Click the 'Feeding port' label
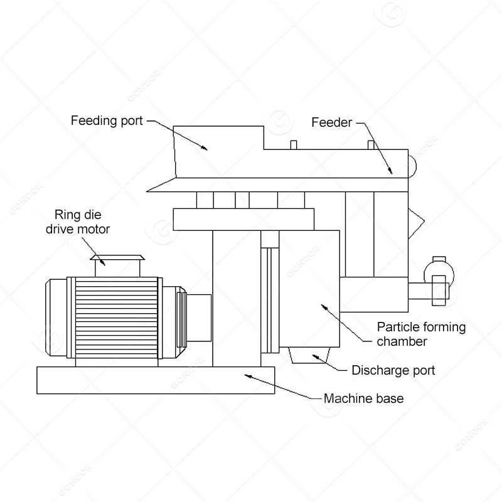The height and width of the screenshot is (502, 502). point(107,119)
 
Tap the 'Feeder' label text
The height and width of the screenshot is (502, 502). point(331,122)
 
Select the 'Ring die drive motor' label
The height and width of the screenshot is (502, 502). point(77,222)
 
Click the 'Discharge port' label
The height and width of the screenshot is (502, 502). point(393,370)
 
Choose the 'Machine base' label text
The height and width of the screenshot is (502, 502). point(363,398)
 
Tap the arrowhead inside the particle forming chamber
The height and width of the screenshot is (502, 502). point(324,307)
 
